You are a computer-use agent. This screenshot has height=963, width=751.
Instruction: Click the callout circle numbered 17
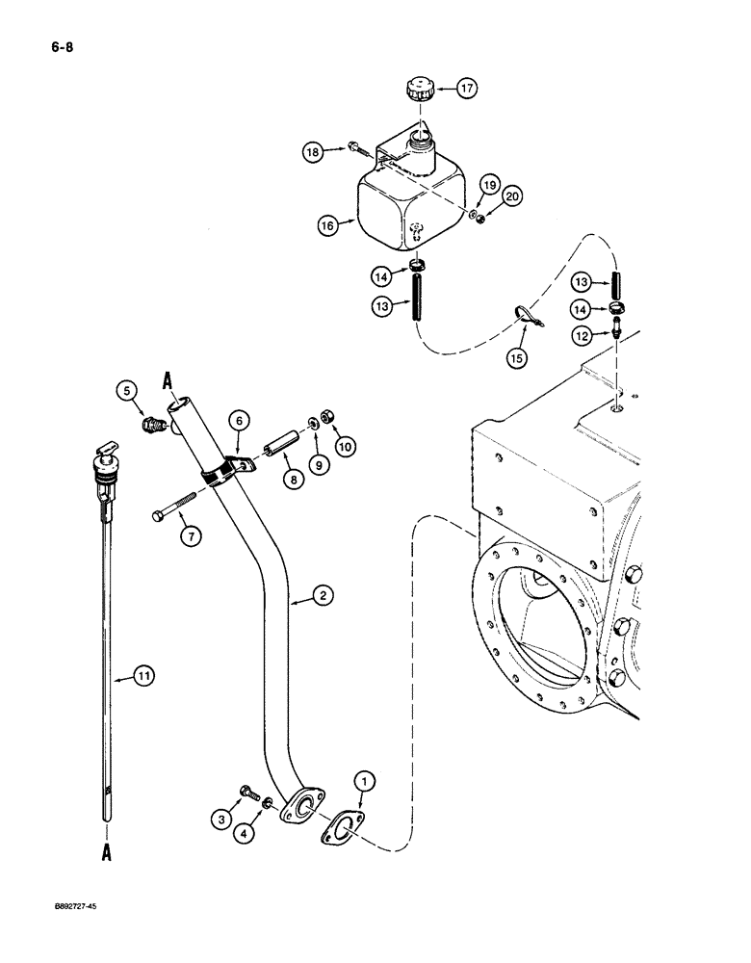click(x=467, y=91)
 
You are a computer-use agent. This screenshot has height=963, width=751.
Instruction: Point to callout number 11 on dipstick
click(x=142, y=678)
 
